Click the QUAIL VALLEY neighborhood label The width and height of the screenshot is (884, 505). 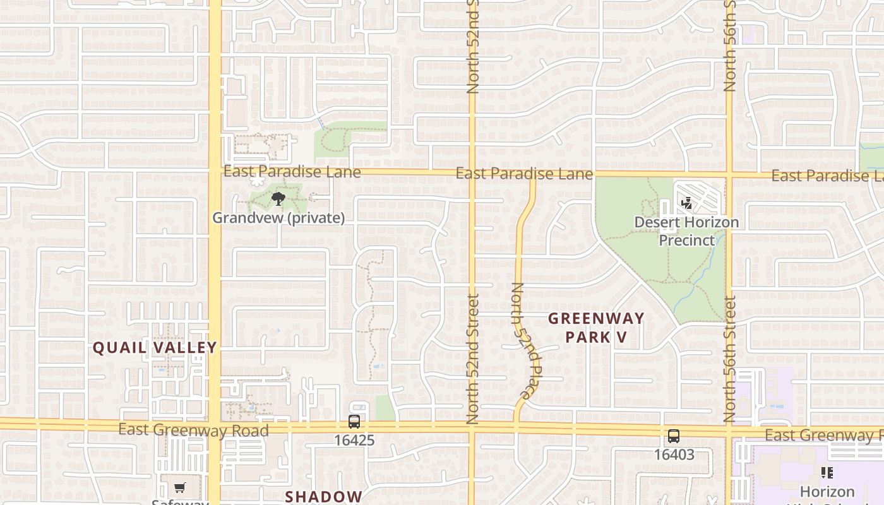[x=155, y=347]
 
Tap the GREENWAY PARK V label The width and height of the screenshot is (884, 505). [x=596, y=328]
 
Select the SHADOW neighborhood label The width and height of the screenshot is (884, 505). [x=323, y=497]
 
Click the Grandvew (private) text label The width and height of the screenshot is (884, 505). [x=278, y=218]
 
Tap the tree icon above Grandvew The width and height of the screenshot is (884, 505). [x=278, y=200]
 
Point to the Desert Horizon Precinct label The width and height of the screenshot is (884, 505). [x=686, y=231]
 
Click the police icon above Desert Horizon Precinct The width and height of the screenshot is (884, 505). [x=686, y=203]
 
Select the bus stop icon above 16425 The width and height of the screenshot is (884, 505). [x=354, y=422]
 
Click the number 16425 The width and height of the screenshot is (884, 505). [x=354, y=440]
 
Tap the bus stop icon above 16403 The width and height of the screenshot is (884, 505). [x=674, y=436]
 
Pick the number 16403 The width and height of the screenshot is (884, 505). [x=674, y=454]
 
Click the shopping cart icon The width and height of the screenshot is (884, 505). [x=180, y=488]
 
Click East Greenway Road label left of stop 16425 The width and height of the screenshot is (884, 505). [x=193, y=431]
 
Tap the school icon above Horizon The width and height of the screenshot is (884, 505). [x=827, y=473]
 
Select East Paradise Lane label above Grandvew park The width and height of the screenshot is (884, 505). [x=292, y=172]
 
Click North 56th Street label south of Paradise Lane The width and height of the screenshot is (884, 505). [x=730, y=359]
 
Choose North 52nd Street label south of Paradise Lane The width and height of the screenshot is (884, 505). [x=473, y=359]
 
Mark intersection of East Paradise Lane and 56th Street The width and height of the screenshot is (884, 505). [x=729, y=174]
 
